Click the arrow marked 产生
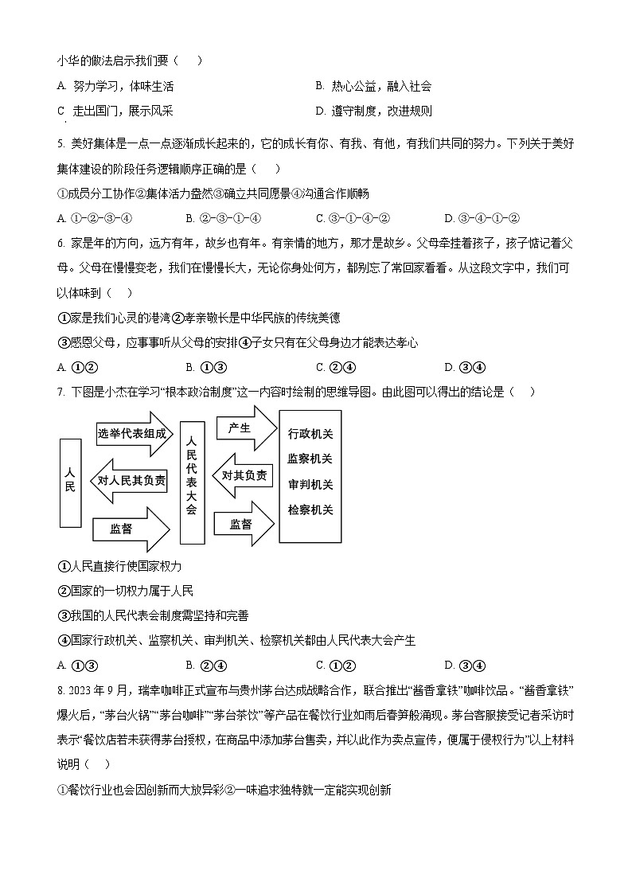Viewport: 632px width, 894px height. coord(243,428)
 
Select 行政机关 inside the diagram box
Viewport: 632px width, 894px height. coord(310,434)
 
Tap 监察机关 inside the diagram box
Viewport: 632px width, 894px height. coord(310,459)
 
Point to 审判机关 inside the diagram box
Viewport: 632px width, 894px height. coord(310,485)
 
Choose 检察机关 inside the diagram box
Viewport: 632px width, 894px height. coord(310,509)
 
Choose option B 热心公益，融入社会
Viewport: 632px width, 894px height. coord(374,86)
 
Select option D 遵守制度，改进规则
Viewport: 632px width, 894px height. coord(374,111)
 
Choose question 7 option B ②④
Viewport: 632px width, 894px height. coord(206,666)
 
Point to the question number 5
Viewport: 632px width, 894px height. coord(61,144)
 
